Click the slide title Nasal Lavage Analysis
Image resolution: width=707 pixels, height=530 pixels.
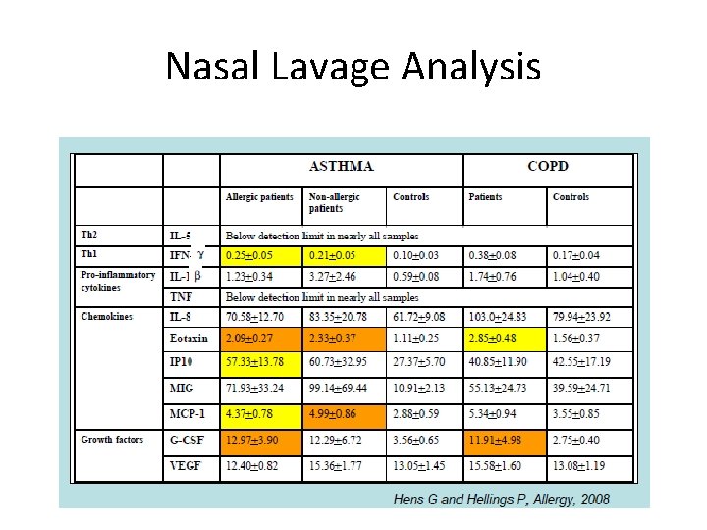pyautogui.click(x=353, y=67)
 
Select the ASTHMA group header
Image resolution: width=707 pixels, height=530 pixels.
pyautogui.click(x=341, y=166)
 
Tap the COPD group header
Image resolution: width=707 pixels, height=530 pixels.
pyautogui.click(x=547, y=166)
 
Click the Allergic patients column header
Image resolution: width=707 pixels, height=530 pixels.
pyautogui.click(x=259, y=197)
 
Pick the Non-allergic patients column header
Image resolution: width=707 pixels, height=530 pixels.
pyautogui.click(x=334, y=202)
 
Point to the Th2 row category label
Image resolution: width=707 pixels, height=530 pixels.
pyautogui.click(x=89, y=236)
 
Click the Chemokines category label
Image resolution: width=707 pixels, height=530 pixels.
pyautogui.click(x=106, y=317)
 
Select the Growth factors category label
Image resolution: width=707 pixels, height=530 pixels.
pyautogui.click(x=112, y=440)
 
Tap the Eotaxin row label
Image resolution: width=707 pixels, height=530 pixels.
pyautogui.click(x=189, y=338)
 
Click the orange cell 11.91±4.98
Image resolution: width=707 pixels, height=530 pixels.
pyautogui.click(x=503, y=440)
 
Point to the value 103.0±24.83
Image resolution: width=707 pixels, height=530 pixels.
pyautogui.click(x=504, y=317)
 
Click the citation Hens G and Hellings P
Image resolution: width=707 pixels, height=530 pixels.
pyautogui.click(x=501, y=500)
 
